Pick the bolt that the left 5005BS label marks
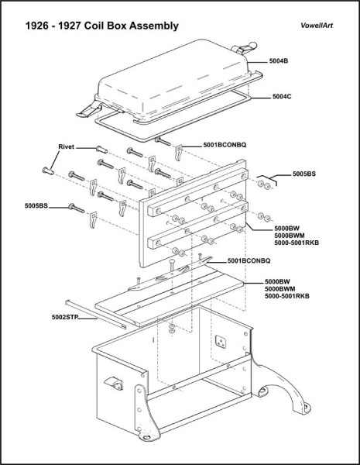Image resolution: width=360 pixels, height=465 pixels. click(x=74, y=207)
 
